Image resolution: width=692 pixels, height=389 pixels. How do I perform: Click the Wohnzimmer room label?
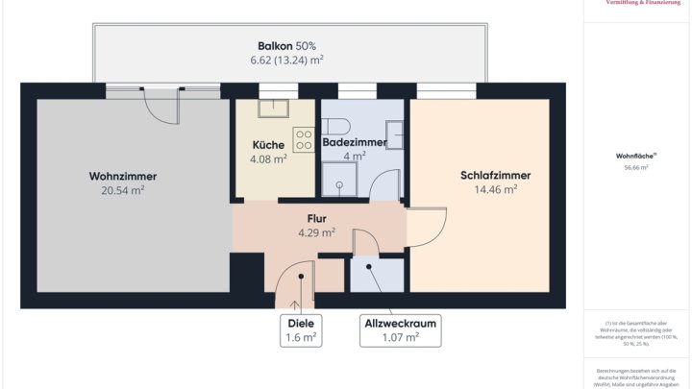tap(122, 176)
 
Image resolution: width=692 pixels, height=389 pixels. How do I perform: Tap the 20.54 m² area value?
tap(122, 190)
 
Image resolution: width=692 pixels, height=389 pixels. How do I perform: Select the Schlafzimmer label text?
tap(495, 176)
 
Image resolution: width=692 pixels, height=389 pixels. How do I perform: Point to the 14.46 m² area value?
tap(495, 190)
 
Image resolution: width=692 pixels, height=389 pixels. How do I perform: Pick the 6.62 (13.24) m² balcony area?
tap(286, 60)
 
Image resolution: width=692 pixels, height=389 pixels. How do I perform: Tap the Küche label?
tap(267, 145)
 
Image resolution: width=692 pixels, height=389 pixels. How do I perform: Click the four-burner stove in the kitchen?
tap(305, 139)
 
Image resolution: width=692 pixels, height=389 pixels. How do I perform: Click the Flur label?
tap(316, 218)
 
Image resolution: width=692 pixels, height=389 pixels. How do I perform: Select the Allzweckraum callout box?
tap(399, 330)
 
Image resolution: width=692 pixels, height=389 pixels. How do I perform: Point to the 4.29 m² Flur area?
tap(316, 232)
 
